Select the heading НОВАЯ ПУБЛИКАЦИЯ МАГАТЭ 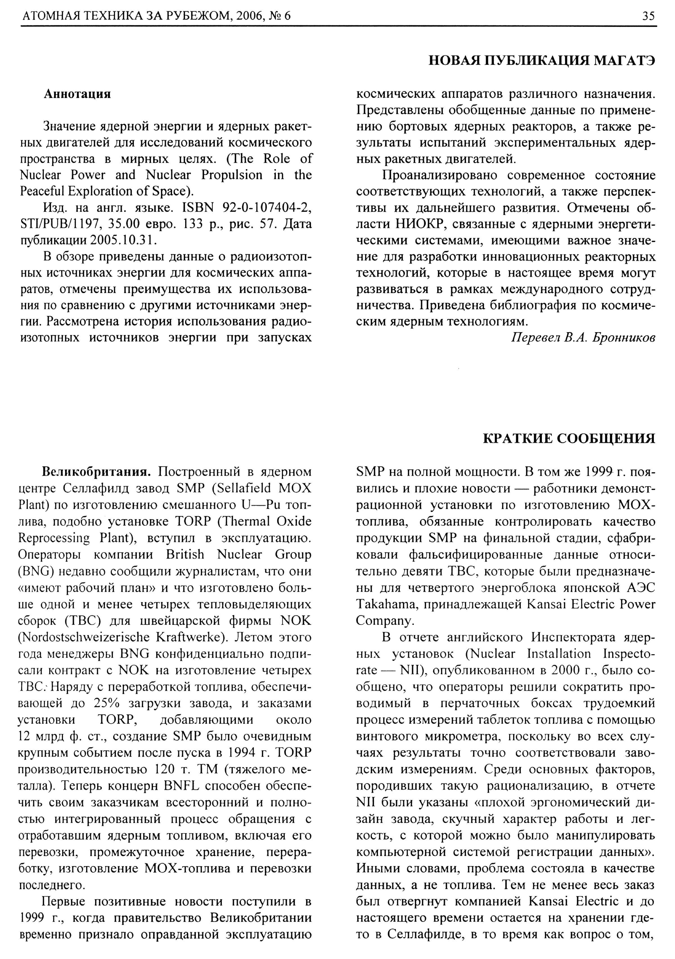(x=542, y=61)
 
